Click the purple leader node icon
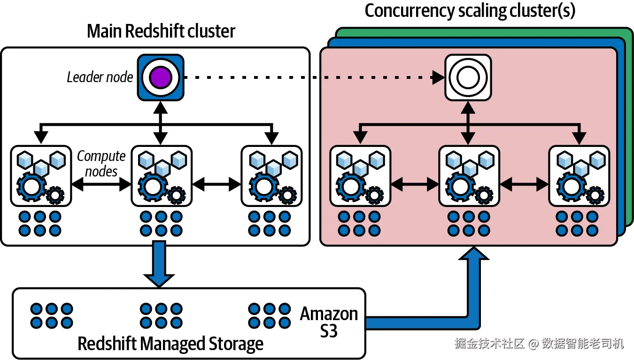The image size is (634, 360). coord(161,77)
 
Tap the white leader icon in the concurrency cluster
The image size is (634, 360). coord(468,77)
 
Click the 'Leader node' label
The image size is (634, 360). coord(100,77)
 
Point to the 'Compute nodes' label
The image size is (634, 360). coord(101,163)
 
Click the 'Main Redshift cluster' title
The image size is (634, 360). coord(161,31)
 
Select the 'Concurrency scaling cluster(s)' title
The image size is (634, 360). coord(470,10)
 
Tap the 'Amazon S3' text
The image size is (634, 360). coord(329,322)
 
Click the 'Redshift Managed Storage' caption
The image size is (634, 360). coord(170,344)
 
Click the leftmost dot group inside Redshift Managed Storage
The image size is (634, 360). coord(52,315)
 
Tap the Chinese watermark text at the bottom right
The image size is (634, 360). coord(539,344)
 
